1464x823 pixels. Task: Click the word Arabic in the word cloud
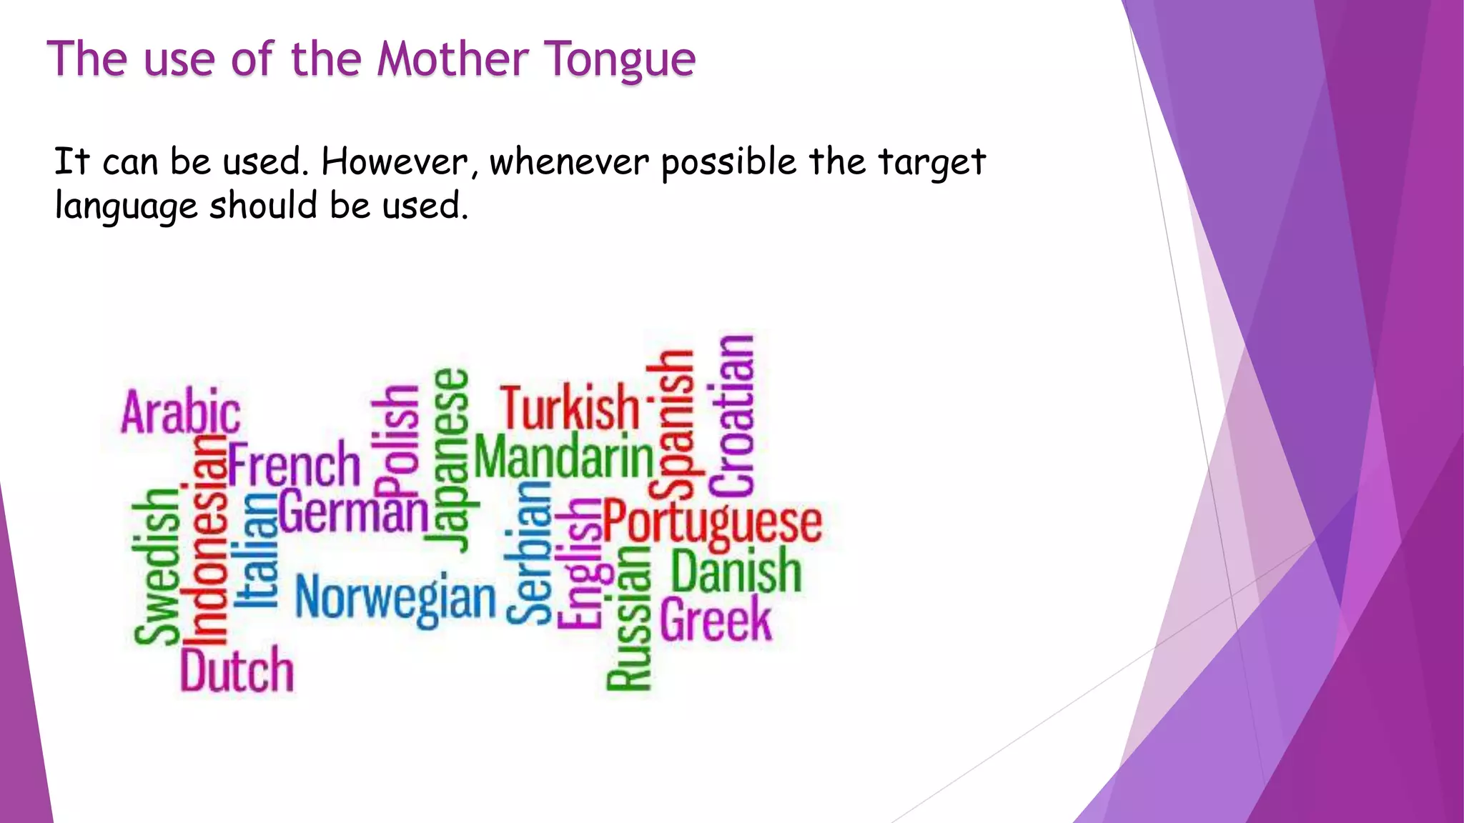tap(180, 412)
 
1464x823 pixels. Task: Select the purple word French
tap(294, 465)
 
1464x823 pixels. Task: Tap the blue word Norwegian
tap(395, 599)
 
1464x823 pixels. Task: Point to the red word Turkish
tap(570, 407)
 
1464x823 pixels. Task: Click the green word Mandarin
tap(564, 457)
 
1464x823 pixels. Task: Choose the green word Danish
tap(736, 571)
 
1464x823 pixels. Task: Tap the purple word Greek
tap(716, 619)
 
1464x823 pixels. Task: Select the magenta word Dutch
tap(237, 670)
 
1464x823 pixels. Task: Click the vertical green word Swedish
tap(156, 566)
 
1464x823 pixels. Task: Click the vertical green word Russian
tap(629, 618)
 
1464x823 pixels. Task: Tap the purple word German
tap(353, 512)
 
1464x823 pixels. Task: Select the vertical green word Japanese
tap(452, 461)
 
